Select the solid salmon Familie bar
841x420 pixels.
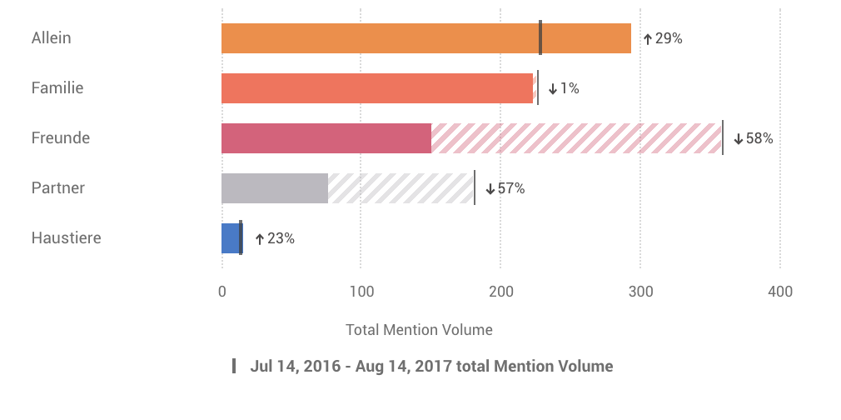pos(376,88)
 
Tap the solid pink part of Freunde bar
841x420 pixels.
pos(326,138)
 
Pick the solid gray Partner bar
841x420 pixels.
pos(274,188)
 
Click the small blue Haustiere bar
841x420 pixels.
pos(230,238)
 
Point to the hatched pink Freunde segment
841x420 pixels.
pos(576,138)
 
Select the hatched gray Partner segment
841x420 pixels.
pos(401,188)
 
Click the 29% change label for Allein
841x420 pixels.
pos(663,38)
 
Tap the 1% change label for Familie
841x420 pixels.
pos(564,88)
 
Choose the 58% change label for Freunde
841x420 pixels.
pos(754,138)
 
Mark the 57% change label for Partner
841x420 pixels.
pos(505,188)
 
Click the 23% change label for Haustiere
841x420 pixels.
pos(275,238)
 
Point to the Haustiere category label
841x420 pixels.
pos(66,238)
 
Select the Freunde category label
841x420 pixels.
pos(60,138)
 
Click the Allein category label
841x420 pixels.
pos(51,38)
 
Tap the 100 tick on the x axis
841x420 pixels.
pos(361,292)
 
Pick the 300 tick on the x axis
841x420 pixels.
pos(640,292)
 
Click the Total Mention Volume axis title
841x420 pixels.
pos(419,330)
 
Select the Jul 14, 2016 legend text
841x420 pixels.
pos(431,366)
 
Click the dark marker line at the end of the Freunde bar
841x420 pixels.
pos(723,138)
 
